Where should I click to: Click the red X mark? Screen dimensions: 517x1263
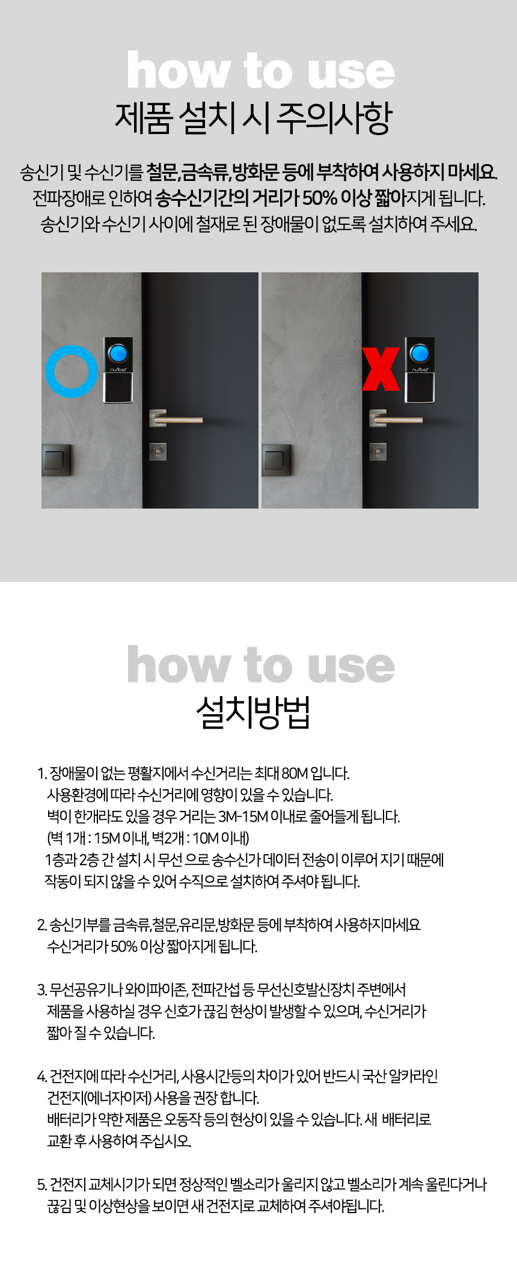point(381,369)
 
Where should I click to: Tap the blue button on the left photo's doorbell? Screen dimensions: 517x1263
point(118,352)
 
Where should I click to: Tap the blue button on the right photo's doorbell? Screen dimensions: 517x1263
point(420,353)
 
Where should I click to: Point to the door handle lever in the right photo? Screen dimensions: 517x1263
point(396,419)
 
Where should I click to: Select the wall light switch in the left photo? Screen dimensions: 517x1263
point(57,460)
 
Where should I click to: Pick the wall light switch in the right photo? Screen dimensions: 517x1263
point(277,460)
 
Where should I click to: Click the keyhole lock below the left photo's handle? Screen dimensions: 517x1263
point(158,451)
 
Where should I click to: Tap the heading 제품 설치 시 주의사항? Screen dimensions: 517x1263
point(253,118)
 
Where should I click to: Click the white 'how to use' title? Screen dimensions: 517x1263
point(260,71)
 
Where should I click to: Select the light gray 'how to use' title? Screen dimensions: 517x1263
point(260,665)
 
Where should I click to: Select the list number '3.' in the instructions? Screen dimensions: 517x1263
point(41,989)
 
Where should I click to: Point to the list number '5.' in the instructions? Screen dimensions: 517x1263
point(41,1185)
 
